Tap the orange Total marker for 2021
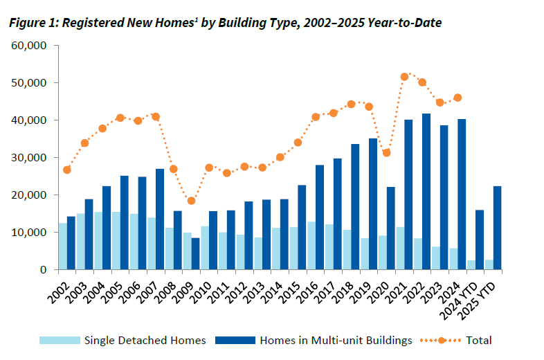coord(404,77)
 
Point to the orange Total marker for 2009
coord(192,201)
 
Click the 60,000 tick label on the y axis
coord(28,46)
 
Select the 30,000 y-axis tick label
coord(28,158)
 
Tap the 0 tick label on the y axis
coord(42,270)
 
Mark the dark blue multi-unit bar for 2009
coord(196,254)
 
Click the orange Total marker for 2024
coord(457,98)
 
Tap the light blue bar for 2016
coord(310,246)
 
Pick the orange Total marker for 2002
coord(67,170)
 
